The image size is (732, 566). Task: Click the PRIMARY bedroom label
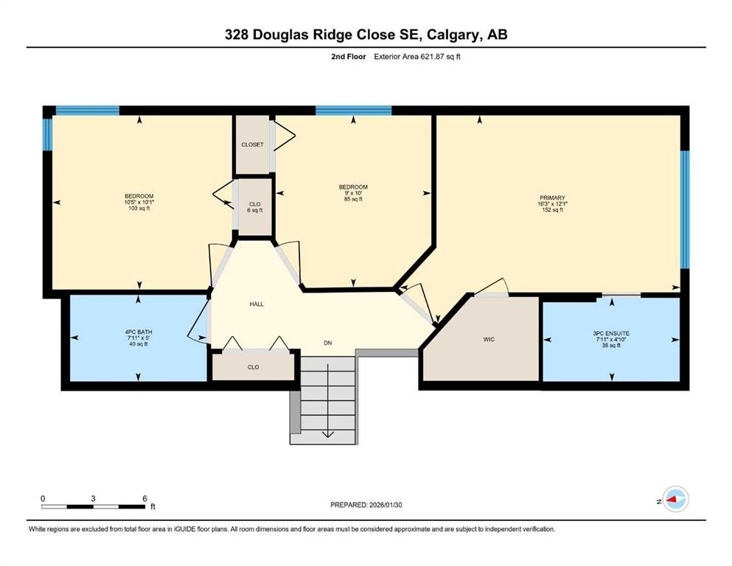click(x=551, y=198)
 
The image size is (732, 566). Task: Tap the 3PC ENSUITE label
click(x=611, y=333)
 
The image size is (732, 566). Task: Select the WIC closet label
click(x=488, y=339)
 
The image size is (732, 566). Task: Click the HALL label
click(x=256, y=304)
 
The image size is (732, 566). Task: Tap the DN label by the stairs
click(x=328, y=343)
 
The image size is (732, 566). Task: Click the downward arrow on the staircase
click(x=327, y=433)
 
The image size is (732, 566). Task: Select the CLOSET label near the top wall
click(x=252, y=144)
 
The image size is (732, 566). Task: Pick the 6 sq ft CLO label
click(x=254, y=211)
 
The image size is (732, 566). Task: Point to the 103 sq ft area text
click(x=139, y=209)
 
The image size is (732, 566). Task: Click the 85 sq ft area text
click(x=353, y=200)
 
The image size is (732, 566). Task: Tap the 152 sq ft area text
click(x=552, y=210)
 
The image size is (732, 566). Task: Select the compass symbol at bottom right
click(x=675, y=500)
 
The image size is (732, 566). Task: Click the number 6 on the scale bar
click(x=144, y=498)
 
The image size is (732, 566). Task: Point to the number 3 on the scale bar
click(x=93, y=498)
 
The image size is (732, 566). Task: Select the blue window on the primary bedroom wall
click(x=683, y=209)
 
